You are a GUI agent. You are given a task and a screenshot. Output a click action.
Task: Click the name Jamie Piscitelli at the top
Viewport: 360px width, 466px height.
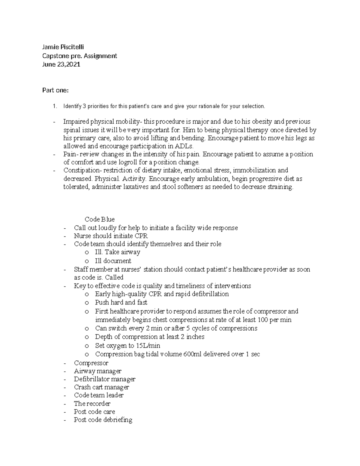click(x=63, y=47)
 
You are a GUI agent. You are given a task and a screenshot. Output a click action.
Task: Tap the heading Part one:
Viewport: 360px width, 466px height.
click(x=55, y=90)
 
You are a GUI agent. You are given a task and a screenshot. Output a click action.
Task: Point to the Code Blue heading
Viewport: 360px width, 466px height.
click(x=100, y=219)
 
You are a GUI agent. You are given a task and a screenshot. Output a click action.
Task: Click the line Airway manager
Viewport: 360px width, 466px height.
click(x=97, y=371)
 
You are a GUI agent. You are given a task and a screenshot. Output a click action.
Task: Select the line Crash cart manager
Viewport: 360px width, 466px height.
click(x=101, y=387)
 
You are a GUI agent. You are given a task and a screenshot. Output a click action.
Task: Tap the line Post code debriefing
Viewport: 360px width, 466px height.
click(x=103, y=420)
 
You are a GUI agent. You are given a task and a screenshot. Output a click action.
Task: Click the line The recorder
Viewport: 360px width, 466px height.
click(x=92, y=404)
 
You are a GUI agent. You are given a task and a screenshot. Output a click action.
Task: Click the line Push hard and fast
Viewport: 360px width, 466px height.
click(x=121, y=302)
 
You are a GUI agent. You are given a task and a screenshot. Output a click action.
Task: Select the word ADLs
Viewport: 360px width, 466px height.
click(x=186, y=146)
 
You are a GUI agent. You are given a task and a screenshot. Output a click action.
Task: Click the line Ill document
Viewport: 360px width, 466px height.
click(x=113, y=261)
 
